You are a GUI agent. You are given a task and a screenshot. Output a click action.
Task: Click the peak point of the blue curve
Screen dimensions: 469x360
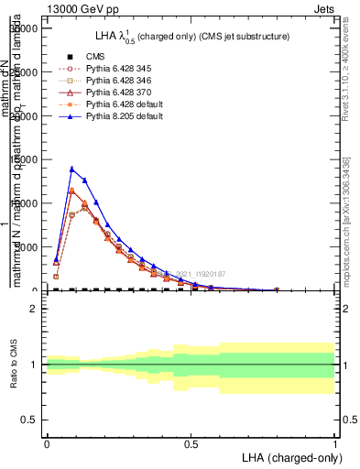pos(72,169)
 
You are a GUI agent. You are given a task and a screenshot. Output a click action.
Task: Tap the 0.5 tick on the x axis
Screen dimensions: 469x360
pos(191,442)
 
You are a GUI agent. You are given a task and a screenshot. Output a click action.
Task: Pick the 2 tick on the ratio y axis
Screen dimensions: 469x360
pos(34,309)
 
